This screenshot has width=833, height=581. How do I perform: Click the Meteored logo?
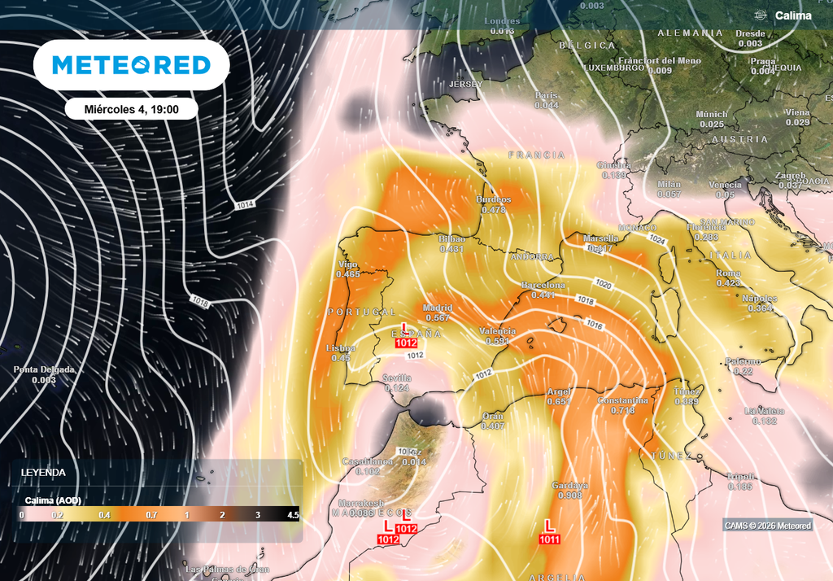point(131,65)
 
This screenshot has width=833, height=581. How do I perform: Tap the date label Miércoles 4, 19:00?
point(131,108)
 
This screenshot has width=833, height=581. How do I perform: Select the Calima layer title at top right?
point(792,15)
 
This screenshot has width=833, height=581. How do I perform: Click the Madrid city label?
point(438,308)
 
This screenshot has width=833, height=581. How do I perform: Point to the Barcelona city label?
point(543,286)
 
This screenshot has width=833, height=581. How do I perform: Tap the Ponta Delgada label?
point(44,369)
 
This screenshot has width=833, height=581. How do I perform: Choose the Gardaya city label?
point(569,486)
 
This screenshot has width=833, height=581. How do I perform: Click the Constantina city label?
point(622,401)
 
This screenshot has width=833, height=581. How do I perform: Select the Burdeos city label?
point(494,199)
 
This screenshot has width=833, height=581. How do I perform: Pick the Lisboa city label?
point(340,348)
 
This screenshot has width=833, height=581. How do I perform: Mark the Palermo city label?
point(744,360)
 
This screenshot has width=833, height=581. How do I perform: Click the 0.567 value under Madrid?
point(438,317)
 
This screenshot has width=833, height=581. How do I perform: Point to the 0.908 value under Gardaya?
point(569,496)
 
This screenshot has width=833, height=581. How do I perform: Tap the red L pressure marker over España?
point(405,327)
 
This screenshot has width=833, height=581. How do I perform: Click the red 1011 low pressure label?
point(549,539)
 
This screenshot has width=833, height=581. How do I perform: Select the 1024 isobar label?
point(658,240)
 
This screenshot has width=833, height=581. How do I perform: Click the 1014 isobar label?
point(245,203)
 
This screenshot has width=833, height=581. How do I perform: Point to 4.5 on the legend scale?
point(292,515)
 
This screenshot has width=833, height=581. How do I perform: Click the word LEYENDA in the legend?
point(43,472)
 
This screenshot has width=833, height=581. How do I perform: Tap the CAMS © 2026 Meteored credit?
point(767,526)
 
